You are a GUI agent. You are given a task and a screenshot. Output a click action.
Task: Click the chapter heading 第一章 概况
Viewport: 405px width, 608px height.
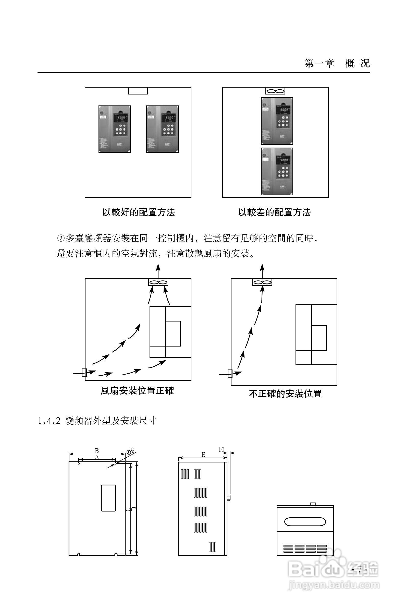337,63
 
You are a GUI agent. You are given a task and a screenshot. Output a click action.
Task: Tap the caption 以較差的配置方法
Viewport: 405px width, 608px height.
274,212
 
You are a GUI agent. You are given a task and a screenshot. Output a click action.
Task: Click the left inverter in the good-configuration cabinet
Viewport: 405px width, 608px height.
114,129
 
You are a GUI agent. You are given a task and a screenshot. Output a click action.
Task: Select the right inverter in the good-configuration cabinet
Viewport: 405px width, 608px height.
162,129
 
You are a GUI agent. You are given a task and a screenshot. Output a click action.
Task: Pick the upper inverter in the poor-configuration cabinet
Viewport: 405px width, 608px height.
277,121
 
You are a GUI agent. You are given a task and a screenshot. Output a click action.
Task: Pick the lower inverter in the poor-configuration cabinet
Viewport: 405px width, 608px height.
277,172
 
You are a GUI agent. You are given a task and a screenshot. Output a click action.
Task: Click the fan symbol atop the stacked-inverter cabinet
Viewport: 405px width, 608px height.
275,91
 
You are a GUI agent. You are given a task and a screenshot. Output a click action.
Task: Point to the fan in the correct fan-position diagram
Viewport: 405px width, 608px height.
158,282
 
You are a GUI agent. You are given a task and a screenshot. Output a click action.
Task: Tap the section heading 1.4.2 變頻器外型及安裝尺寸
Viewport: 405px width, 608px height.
97,421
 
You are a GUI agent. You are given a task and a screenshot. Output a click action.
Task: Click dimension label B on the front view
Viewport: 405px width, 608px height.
97,451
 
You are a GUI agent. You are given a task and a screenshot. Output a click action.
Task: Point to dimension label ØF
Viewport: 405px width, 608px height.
130,452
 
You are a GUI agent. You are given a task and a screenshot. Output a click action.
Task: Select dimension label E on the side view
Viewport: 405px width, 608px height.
203,455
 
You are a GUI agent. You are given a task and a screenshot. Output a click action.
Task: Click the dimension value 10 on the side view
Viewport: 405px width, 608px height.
221,450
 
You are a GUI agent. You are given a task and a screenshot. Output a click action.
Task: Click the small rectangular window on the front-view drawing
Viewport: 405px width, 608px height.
108,498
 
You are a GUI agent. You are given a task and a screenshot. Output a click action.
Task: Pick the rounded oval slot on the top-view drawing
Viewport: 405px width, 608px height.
305,522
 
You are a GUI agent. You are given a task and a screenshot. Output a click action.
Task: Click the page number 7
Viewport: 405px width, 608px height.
360,569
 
